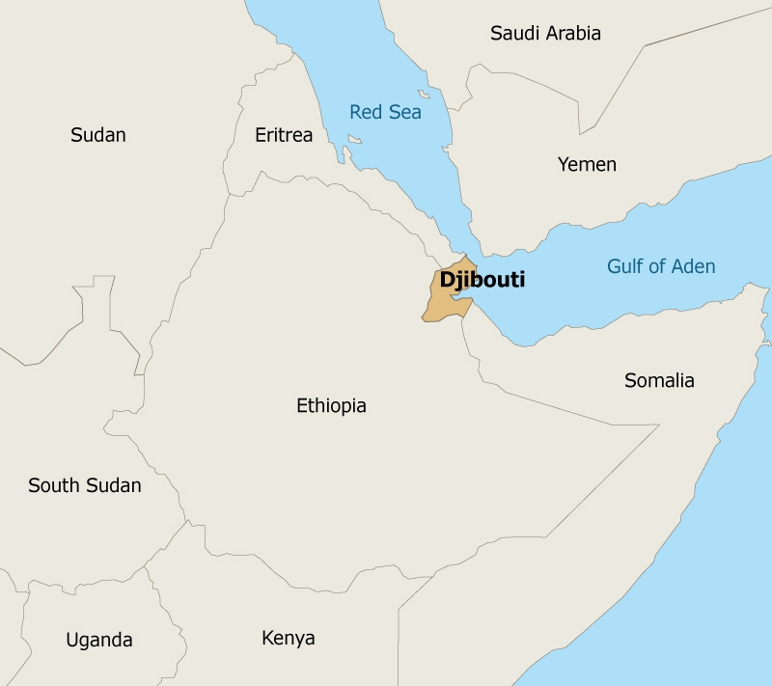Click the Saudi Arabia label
click(545, 34)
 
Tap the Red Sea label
click(385, 112)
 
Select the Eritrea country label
click(284, 135)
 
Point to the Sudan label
click(98, 135)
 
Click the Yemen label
click(587, 165)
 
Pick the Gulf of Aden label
click(661, 266)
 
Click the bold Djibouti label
click(482, 281)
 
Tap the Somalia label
click(659, 380)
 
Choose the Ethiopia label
click(331, 405)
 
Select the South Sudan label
click(85, 485)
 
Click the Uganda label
click(98, 640)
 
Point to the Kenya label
click(289, 638)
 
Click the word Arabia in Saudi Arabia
click(573, 34)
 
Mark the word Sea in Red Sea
click(405, 112)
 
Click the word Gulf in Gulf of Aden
click(625, 266)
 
